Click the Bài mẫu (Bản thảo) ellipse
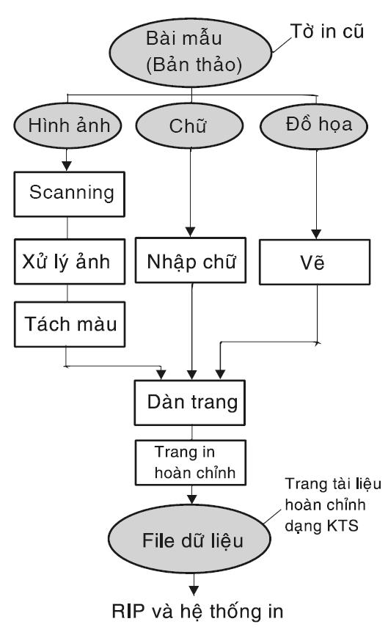pos(191,53)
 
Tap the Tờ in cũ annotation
pos(327,32)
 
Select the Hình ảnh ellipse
pos(67,125)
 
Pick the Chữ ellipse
pos(189,125)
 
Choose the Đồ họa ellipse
pos(314,125)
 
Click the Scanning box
pos(69,194)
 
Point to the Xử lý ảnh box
pos(70,262)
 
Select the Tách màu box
pos(70,324)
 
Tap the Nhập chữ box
pos(191,260)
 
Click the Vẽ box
pos(315,262)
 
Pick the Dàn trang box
pos(190,403)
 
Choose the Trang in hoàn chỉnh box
pos(191,463)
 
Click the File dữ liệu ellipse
pos(189,539)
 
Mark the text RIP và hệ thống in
pos(197,611)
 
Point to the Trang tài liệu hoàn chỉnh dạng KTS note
pos(333,505)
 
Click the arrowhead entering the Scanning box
pos(67,166)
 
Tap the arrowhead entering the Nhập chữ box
pos(191,232)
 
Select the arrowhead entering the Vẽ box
pos(316,234)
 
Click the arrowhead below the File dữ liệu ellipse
pos(194,590)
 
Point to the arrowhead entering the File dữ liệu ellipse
pos(192,499)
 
